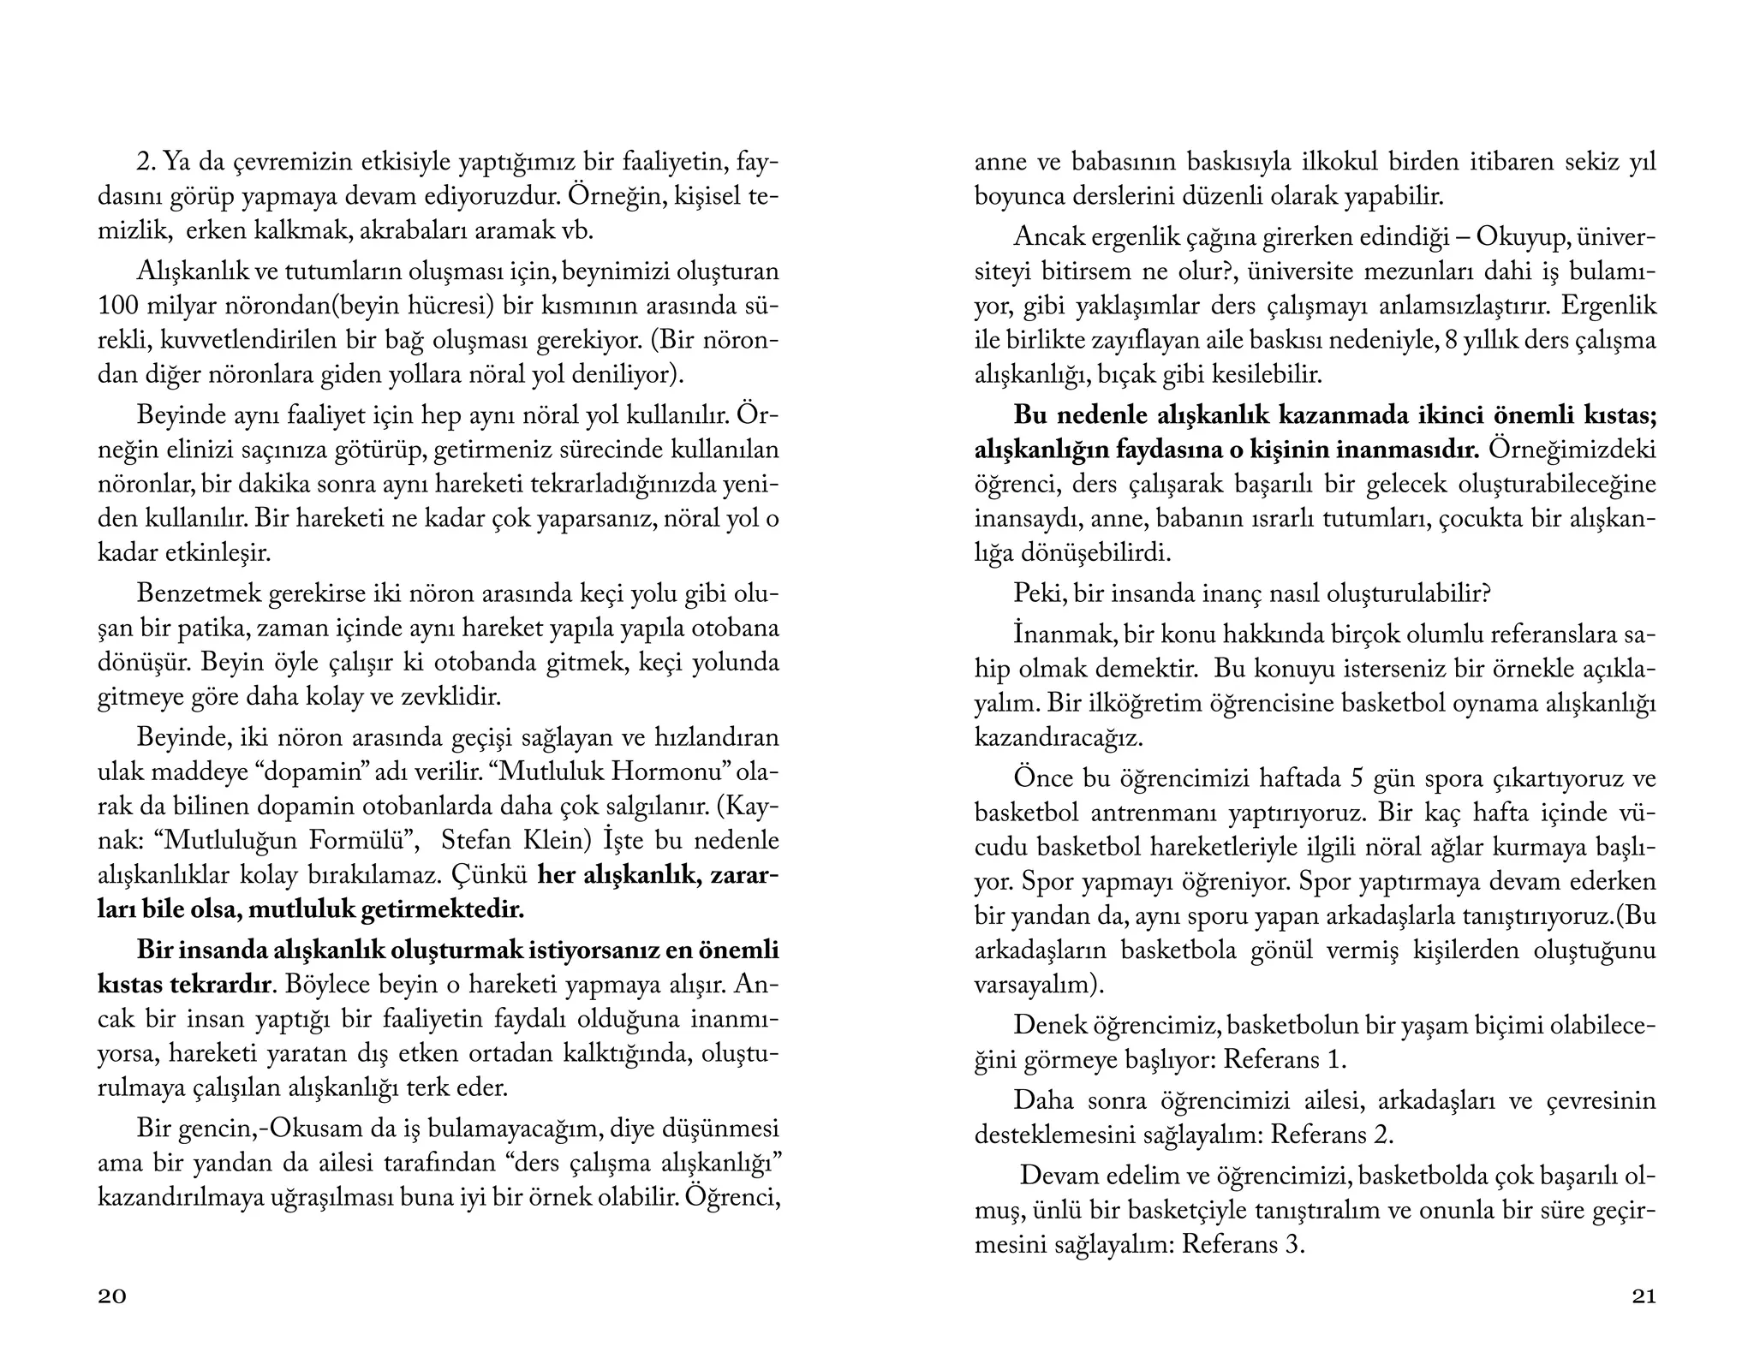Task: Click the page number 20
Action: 112,1296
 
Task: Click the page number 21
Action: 1643,1296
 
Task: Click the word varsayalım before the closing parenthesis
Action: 1031,985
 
